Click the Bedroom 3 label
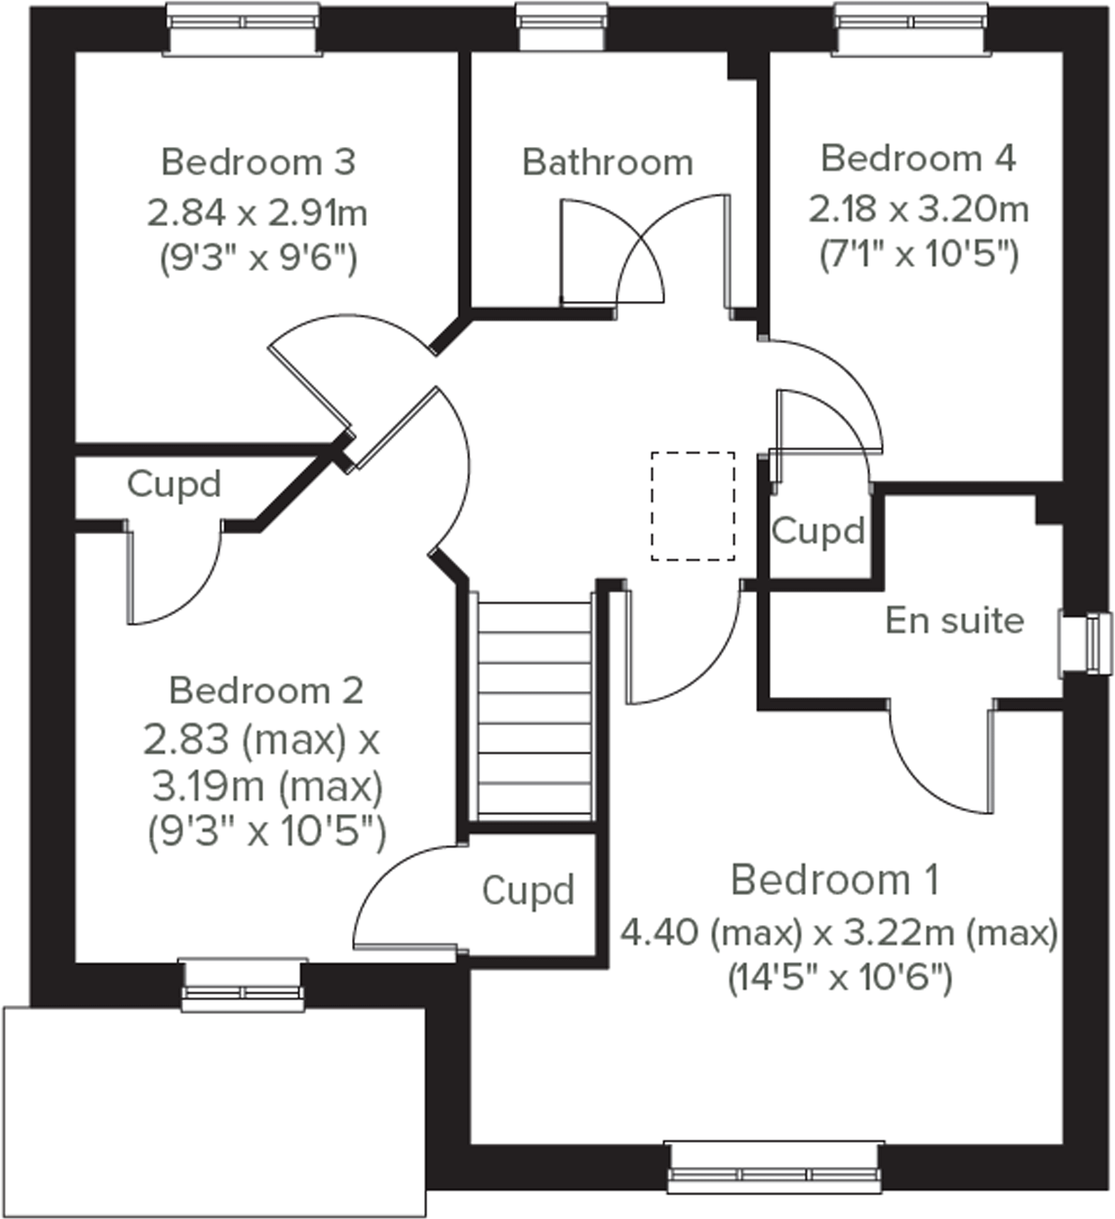(x=258, y=163)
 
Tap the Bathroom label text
(x=607, y=163)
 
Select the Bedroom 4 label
(x=918, y=158)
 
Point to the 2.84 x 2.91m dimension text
(x=257, y=213)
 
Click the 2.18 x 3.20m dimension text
(x=919, y=210)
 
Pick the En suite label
(x=954, y=621)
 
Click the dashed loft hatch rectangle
(x=692, y=506)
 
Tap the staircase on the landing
(x=535, y=709)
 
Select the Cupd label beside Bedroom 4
(x=817, y=531)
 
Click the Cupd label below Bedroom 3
(x=173, y=484)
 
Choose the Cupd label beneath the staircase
(x=528, y=891)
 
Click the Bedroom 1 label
(x=834, y=880)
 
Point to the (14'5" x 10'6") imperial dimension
(x=839, y=977)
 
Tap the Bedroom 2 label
(x=266, y=690)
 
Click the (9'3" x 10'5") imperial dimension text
(x=266, y=831)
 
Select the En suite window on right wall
(x=1086, y=644)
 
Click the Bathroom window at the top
(x=562, y=27)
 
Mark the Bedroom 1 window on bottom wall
(x=774, y=1167)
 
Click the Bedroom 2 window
(x=243, y=985)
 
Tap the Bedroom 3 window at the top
(x=242, y=29)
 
